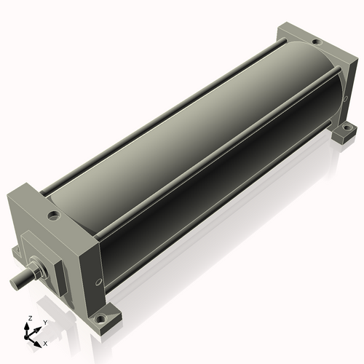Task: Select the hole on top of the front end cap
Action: click(x=53, y=215)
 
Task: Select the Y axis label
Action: click(x=44, y=321)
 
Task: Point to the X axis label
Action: click(x=45, y=342)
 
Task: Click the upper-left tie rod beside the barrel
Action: click(x=160, y=116)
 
